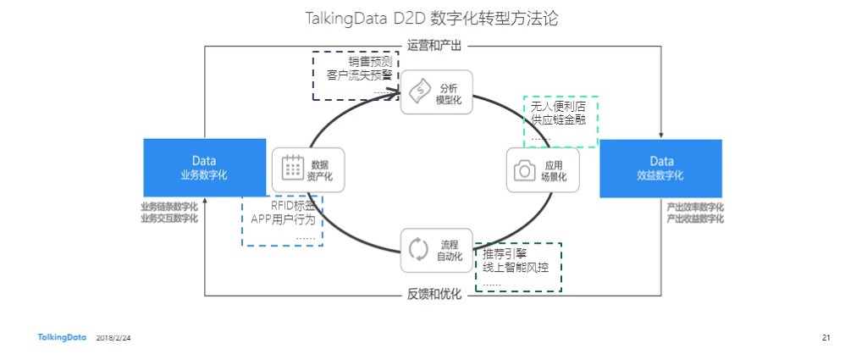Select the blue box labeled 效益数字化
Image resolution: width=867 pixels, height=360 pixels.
coord(660,167)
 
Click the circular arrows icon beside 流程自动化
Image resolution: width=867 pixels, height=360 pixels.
coord(419,249)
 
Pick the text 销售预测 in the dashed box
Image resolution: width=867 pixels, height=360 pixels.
coord(370,62)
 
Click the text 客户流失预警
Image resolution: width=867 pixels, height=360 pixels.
coord(359,75)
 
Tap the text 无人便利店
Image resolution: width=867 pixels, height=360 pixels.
coord(559,107)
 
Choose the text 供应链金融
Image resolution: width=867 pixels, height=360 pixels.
coord(559,120)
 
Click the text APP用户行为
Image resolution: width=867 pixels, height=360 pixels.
coord(283,219)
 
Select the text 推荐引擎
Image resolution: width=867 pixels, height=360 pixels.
coord(505,254)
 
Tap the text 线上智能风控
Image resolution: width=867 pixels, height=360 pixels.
coord(516,269)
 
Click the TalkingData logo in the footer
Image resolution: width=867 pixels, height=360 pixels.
coord(62,337)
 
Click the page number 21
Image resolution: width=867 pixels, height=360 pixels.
coord(826,338)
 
